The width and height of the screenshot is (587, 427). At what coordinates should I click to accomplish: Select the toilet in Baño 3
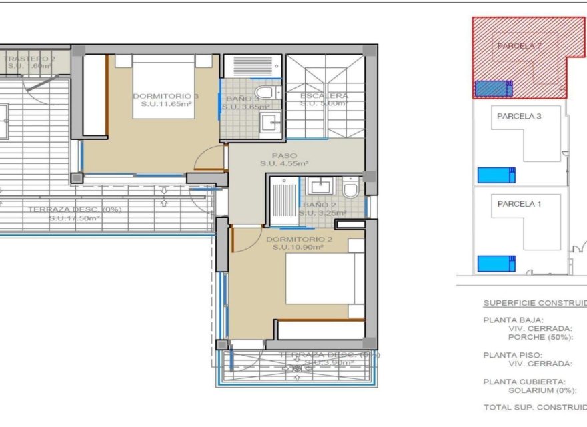pos(265,92)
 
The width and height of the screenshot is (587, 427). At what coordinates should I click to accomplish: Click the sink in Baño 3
pos(270,122)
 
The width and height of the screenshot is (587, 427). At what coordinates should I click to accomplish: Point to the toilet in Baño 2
pos(350,191)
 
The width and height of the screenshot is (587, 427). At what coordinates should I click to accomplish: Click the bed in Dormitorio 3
pos(163,87)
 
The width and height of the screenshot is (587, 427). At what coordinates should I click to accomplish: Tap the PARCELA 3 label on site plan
pos(518,116)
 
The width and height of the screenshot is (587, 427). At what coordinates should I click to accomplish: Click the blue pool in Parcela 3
pos(496,175)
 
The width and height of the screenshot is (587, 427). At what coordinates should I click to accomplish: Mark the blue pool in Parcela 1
pos(496,264)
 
